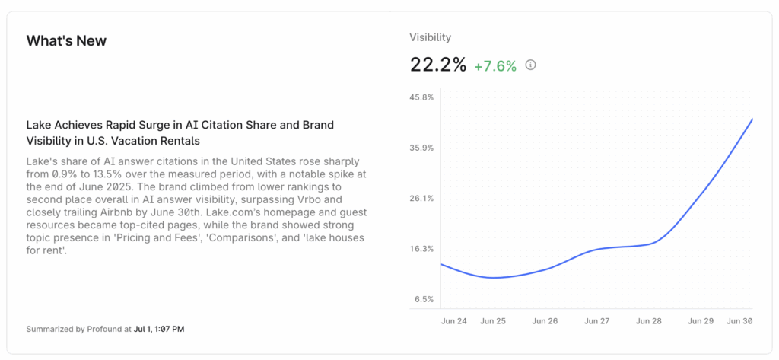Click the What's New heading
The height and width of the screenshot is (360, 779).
click(66, 41)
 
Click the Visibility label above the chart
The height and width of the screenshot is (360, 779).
click(430, 37)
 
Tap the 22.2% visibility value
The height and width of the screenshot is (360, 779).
click(437, 65)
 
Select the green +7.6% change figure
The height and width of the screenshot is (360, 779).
click(494, 66)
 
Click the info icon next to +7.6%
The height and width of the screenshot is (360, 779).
click(530, 65)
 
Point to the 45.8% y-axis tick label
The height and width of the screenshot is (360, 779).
click(421, 97)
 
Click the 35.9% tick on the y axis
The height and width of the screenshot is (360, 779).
click(421, 148)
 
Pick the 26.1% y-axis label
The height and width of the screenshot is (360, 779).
click(421, 198)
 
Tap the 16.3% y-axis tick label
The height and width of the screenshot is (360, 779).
click(421, 249)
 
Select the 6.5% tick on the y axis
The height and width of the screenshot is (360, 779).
click(424, 299)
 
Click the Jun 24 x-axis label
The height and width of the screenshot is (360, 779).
click(454, 321)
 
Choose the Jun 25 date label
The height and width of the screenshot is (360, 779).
click(493, 321)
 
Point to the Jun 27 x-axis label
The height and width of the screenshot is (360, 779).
click(597, 321)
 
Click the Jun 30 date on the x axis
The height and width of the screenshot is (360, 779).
click(739, 321)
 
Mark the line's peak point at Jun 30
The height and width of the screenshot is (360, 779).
click(752, 119)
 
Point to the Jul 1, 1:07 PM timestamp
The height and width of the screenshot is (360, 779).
click(160, 330)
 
